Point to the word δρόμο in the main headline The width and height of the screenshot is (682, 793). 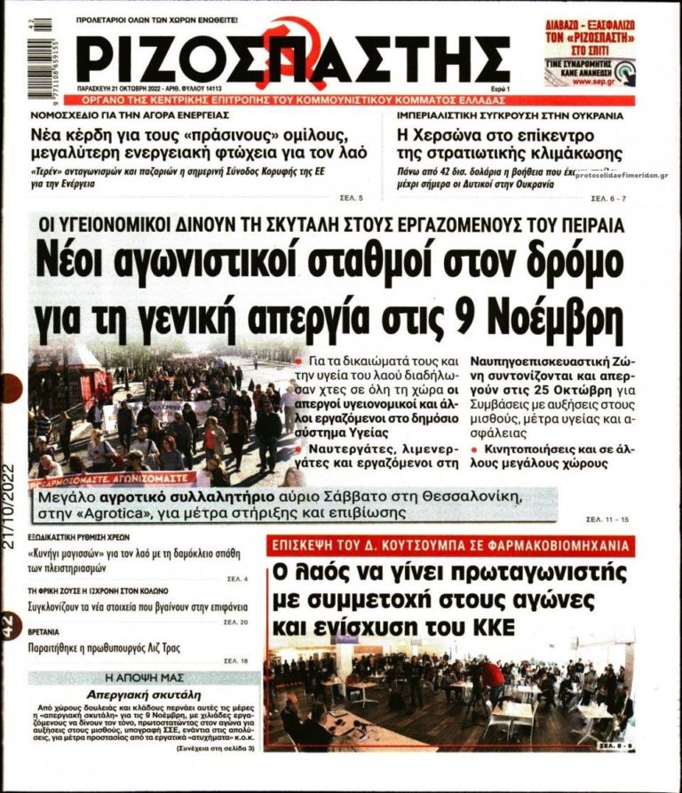tap(564, 261)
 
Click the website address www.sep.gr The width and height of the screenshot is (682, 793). tap(591, 81)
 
